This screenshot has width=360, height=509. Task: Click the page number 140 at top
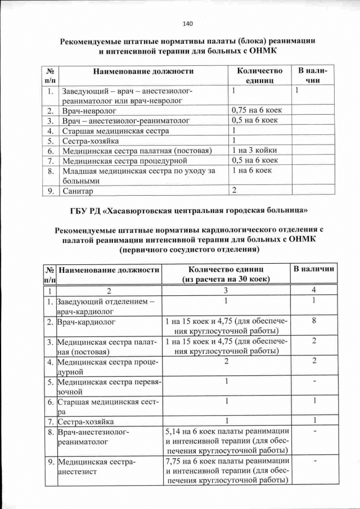pyautogui.click(x=187, y=24)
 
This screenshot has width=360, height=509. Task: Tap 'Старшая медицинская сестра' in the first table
pyautogui.click(x=116, y=130)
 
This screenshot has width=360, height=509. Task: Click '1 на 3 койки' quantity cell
pyautogui.click(x=254, y=151)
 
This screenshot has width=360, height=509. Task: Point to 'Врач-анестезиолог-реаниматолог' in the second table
pyautogui.click(x=93, y=436)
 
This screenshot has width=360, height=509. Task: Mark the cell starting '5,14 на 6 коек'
pyautogui.click(x=227, y=442)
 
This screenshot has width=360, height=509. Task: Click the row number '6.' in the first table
pyautogui.click(x=51, y=151)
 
